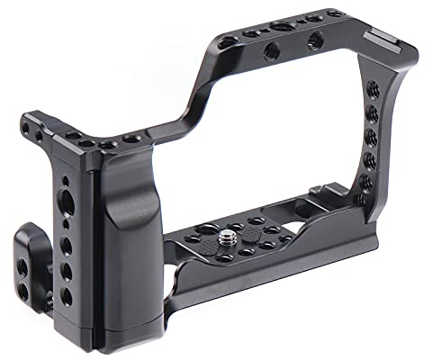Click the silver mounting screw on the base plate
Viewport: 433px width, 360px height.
tap(229, 241)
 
